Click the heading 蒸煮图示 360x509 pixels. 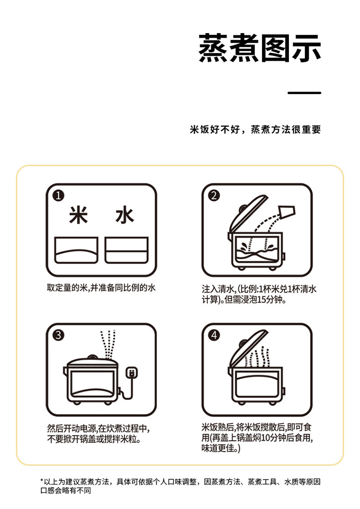260,48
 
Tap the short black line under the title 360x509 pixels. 304,93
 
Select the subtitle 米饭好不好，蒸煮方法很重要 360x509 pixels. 255,130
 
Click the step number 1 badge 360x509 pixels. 59,196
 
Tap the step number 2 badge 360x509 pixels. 214,195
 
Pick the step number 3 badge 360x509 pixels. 59,335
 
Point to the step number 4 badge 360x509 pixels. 214,335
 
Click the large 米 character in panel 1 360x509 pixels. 78,215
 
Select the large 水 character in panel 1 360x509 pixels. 125,215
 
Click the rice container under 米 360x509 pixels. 76,250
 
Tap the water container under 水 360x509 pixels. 126,250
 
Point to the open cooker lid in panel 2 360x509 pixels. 248,213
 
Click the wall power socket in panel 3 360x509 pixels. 132,372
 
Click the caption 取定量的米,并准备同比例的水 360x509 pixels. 101,288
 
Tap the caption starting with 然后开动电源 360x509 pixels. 98,434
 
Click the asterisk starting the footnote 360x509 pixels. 42,480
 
